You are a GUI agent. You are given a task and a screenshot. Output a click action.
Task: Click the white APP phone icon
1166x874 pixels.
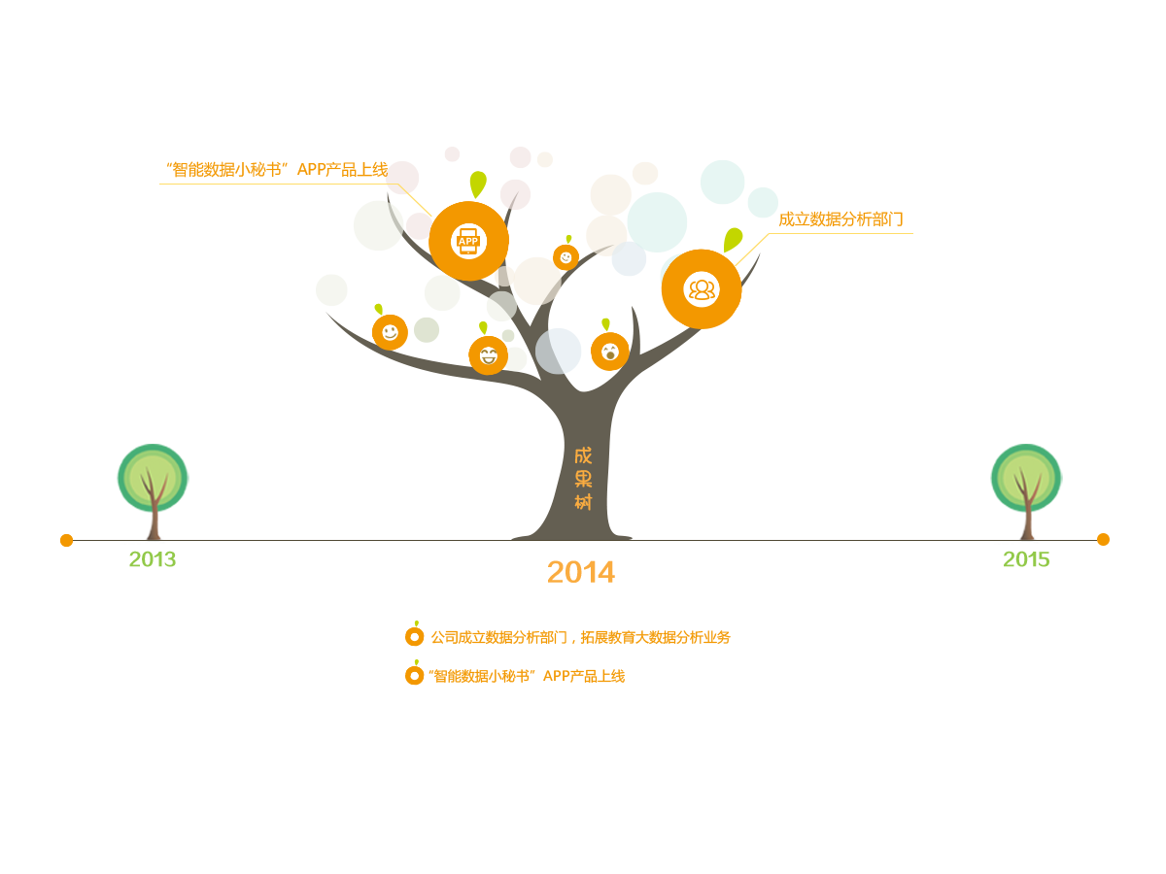[468, 241]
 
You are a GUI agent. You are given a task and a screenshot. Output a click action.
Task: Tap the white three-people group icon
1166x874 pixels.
[702, 288]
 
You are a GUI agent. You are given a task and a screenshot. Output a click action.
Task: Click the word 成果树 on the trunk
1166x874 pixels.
[583, 479]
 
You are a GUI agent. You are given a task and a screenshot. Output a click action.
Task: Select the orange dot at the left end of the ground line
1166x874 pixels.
[66, 540]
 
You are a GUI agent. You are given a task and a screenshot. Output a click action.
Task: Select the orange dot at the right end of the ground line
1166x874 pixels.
[1103, 539]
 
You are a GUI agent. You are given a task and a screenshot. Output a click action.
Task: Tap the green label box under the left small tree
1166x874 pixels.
[153, 558]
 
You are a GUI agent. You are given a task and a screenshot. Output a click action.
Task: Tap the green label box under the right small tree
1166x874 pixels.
[1026, 558]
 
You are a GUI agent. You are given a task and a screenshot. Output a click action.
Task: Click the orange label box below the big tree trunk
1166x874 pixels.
[581, 572]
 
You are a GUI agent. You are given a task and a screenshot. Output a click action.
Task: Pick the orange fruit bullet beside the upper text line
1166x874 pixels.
[415, 636]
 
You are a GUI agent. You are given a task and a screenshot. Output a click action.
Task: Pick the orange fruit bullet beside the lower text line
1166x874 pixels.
[415, 674]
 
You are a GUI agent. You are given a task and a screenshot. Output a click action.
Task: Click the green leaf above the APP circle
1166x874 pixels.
[477, 184]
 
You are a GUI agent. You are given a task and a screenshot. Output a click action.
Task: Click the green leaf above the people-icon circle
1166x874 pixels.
[733, 238]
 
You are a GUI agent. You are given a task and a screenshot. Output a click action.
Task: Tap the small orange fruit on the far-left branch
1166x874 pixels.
[390, 332]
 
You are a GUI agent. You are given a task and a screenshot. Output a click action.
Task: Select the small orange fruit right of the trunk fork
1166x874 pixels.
[610, 352]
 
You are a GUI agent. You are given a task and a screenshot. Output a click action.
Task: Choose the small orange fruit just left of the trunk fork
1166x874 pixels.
[488, 355]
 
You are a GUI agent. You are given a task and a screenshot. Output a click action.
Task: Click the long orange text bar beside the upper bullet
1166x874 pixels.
[581, 638]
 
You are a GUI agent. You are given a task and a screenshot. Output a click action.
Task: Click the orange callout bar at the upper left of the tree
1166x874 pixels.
[279, 169]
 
